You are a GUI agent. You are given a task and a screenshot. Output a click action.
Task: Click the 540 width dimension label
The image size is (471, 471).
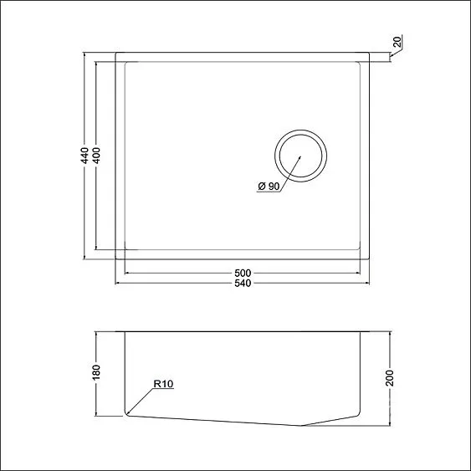click(243, 283)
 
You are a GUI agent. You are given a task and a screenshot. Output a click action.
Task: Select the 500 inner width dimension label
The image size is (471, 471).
click(243, 273)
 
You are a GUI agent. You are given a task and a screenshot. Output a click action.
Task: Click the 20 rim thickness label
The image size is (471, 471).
click(396, 41)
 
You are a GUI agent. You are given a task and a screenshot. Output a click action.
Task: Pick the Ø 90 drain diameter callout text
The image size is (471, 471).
click(269, 186)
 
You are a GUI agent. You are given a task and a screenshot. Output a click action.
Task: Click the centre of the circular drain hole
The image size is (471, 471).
click(300, 156)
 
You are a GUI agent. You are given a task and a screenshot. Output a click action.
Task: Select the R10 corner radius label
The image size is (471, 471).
click(162, 385)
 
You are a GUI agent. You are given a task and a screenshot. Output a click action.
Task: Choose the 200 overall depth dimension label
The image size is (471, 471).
click(389, 378)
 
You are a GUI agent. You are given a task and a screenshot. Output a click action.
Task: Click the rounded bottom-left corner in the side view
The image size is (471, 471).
click(127, 412)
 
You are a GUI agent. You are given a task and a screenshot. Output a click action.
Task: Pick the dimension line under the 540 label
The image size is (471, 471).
click(184, 283)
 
